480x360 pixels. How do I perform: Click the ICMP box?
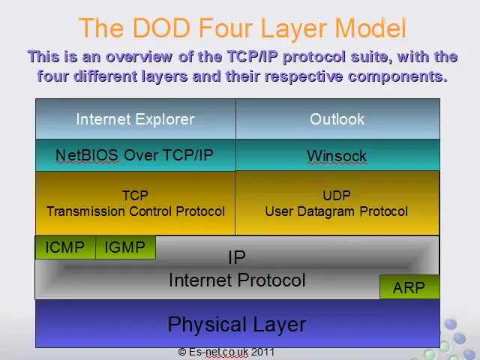pyautogui.click(x=65, y=247)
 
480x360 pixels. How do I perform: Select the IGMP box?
pyautogui.click(x=125, y=247)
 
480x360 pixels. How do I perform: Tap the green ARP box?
pyautogui.click(x=409, y=286)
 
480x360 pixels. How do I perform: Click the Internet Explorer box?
pyautogui.click(x=136, y=118)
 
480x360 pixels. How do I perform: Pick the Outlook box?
pyautogui.click(x=337, y=118)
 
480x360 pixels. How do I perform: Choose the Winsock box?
pyautogui.click(x=337, y=155)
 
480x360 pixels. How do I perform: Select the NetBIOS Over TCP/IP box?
pyautogui.click(x=136, y=155)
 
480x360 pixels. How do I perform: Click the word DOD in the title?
pyautogui.click(x=161, y=28)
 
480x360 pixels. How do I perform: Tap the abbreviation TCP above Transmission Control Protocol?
pyautogui.click(x=135, y=195)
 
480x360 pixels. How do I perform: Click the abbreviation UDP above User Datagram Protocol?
pyautogui.click(x=337, y=195)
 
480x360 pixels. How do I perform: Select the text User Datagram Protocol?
pyautogui.click(x=337, y=211)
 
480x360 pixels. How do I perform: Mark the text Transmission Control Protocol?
pyautogui.click(x=136, y=211)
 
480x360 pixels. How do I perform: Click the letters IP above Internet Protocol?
pyautogui.click(x=237, y=257)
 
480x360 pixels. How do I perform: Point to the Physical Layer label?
pyautogui.click(x=237, y=325)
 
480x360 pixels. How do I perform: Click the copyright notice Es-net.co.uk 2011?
pyautogui.click(x=226, y=352)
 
